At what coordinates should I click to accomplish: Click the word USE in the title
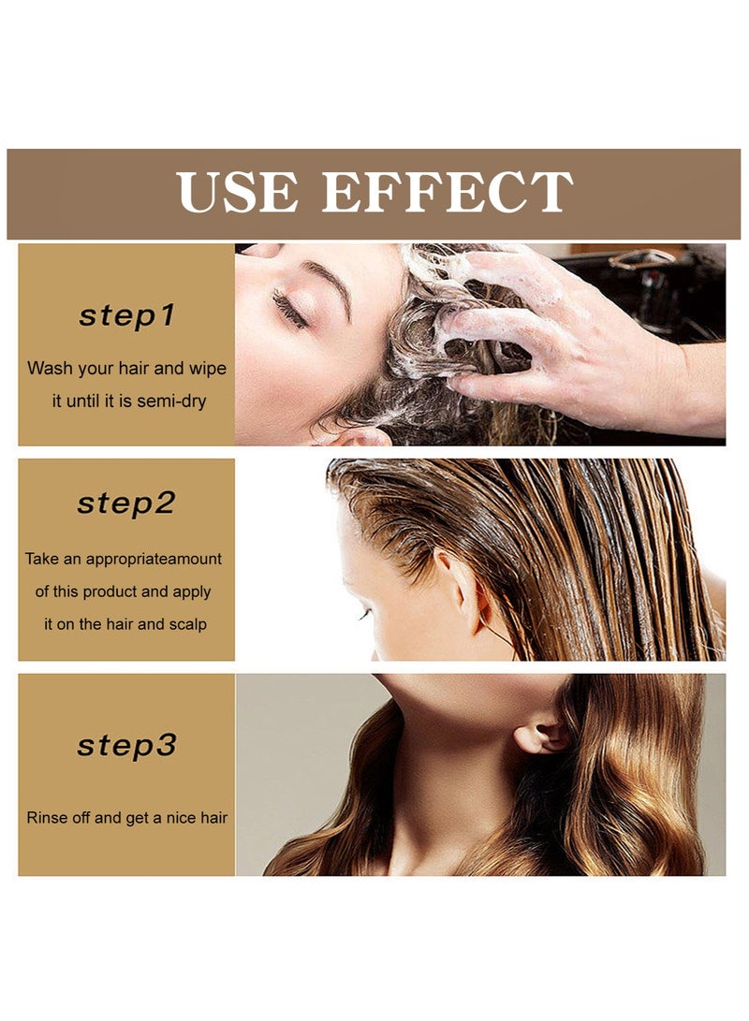point(238,192)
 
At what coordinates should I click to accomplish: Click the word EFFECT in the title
point(447,192)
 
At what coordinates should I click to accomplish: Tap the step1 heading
point(126,315)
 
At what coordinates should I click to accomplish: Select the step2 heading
point(126,503)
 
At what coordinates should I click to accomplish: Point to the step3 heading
point(126,746)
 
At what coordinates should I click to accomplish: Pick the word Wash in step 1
point(48,369)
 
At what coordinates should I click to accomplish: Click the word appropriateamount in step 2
point(154,559)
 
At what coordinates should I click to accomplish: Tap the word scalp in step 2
point(187,624)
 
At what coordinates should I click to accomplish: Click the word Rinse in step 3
point(47,818)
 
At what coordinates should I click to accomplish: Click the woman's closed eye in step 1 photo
point(290,310)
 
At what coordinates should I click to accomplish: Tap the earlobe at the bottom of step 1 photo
point(360,436)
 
